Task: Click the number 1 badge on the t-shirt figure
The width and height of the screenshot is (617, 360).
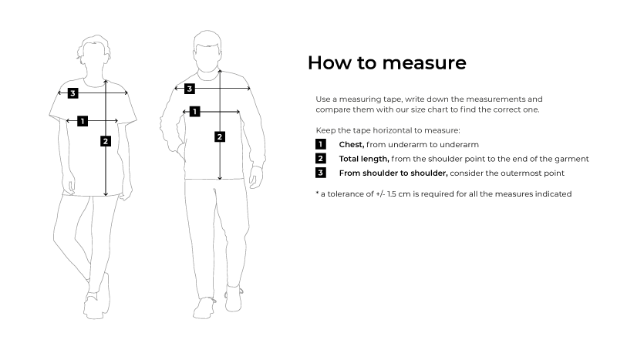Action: (83, 121)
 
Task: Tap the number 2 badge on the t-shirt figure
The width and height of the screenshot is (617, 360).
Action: (106, 141)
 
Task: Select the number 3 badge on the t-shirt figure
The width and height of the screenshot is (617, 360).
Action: (72, 93)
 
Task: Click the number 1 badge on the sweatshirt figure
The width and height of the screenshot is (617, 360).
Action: (195, 112)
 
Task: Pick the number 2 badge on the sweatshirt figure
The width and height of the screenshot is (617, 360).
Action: (220, 137)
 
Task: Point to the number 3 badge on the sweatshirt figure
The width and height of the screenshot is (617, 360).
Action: (190, 89)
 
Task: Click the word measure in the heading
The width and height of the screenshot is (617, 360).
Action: (424, 63)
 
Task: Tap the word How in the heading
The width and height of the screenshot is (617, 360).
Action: (330, 62)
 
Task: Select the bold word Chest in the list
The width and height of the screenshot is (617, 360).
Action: (352, 145)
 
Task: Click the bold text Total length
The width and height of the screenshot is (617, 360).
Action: (364, 159)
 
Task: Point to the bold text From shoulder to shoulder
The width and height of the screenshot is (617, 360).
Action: (393, 173)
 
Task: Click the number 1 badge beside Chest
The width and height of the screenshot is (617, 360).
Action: (321, 144)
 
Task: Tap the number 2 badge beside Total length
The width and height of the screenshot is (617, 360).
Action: (321, 159)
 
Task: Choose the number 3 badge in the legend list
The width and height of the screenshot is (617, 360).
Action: (321, 173)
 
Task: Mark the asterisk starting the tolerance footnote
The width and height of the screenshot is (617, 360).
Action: (317, 193)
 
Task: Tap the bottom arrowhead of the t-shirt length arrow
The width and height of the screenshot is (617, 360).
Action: (106, 193)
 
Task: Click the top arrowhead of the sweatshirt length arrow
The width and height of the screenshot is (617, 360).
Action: (220, 72)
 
